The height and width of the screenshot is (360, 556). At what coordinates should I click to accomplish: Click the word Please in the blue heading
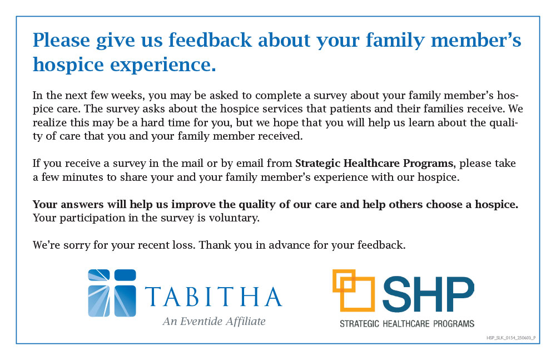click(x=61, y=41)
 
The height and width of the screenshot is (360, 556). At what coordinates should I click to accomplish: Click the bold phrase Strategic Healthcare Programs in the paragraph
click(x=374, y=164)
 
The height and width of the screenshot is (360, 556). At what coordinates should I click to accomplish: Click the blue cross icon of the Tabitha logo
click(x=112, y=293)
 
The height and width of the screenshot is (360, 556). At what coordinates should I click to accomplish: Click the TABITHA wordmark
click(x=214, y=297)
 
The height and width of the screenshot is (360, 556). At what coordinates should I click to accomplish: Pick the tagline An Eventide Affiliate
click(x=214, y=321)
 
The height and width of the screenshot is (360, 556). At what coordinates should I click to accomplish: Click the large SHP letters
click(x=428, y=294)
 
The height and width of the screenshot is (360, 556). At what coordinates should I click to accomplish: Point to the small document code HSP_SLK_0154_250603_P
click(x=511, y=338)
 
